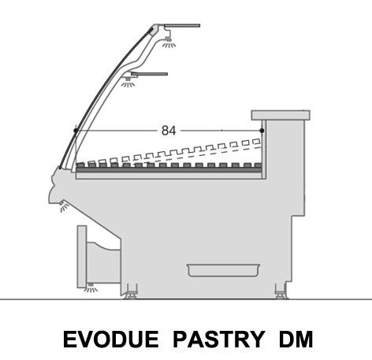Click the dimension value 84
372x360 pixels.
point(169,131)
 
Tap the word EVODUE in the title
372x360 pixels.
point(111,339)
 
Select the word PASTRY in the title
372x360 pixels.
point(219,339)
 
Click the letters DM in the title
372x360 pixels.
point(296,339)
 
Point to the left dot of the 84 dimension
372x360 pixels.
point(76,131)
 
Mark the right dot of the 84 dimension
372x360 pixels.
point(262,131)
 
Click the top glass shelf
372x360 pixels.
point(182,25)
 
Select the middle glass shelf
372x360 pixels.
point(149,74)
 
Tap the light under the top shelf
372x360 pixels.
point(169,43)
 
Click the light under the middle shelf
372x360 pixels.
point(128,82)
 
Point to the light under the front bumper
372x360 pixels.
point(64,206)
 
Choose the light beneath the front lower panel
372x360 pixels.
point(91,288)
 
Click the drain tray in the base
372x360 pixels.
point(223,270)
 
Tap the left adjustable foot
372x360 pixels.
point(132,292)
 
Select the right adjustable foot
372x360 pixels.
point(281,292)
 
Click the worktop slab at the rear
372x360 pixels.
point(281,115)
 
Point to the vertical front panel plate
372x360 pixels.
point(82,256)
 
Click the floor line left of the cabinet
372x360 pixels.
point(61,299)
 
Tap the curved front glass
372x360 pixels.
point(104,87)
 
